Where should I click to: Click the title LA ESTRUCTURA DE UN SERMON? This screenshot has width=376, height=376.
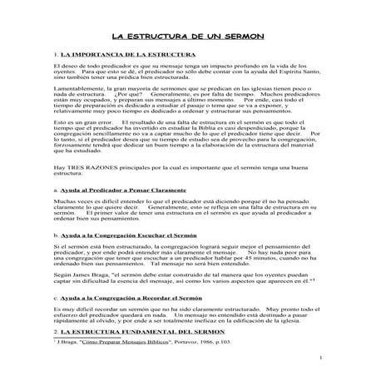(188, 37)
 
